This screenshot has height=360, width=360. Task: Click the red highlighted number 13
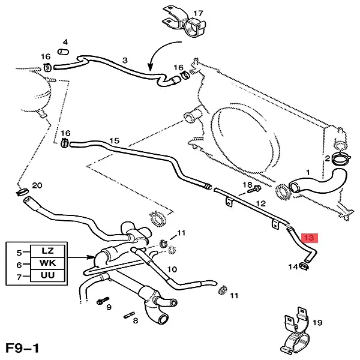[309, 238]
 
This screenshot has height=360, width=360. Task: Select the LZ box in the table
[46, 251]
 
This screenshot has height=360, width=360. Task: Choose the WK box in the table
[46, 263]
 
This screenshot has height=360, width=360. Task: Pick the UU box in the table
[46, 276]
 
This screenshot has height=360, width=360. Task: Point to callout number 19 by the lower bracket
[317, 323]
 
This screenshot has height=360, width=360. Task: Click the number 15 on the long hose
[115, 142]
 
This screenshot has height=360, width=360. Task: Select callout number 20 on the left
[37, 185]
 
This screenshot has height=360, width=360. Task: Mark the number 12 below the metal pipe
[260, 204]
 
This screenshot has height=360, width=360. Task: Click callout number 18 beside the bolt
[248, 184]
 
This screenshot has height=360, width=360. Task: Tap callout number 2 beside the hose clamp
[328, 158]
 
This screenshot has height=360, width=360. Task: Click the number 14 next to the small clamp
[293, 266]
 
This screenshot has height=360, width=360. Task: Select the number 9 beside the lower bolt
[109, 307]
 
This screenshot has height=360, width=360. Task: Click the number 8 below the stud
[136, 321]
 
